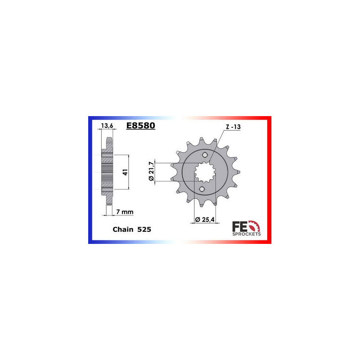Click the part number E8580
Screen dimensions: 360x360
coord(140,126)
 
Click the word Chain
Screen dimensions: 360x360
coord(123,229)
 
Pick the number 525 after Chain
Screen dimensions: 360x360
coord(144,229)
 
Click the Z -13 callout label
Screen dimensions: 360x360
coord(234,127)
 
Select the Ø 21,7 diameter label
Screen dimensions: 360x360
coord(151,171)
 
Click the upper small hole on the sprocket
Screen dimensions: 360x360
coord(205,155)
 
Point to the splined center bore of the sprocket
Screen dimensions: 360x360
coord(205,172)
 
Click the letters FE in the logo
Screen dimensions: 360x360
coord(237,225)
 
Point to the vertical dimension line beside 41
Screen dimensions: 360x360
coord(129,172)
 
